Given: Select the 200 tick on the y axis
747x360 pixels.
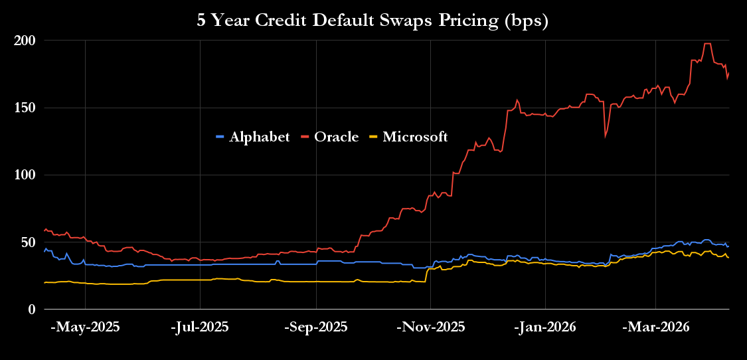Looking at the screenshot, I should click(25, 41).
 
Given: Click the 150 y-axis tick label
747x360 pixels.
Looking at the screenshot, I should click(25, 108).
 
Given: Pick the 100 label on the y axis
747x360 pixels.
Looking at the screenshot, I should click(25, 175).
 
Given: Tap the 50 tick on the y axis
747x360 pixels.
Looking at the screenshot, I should click(28, 242).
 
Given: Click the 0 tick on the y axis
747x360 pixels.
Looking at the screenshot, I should click(31, 310).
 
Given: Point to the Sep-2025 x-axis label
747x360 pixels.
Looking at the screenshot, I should click(316, 327).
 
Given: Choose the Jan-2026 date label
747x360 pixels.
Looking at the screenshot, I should click(545, 327).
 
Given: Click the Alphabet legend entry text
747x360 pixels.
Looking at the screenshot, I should click(260, 137).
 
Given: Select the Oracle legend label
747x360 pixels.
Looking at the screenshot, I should click(336, 137).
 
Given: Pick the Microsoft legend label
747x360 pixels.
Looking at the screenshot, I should click(415, 137).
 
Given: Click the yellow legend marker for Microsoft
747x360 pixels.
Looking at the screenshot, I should click(374, 137).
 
